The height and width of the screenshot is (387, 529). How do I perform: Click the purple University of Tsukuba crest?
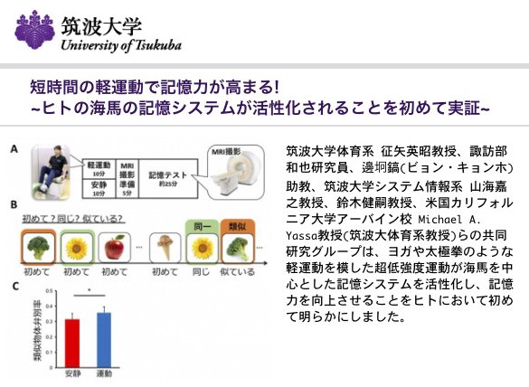(x=33, y=29)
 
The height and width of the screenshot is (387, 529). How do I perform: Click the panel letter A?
(x=14, y=148)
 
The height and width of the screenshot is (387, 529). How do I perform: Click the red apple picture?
(x=115, y=248)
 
